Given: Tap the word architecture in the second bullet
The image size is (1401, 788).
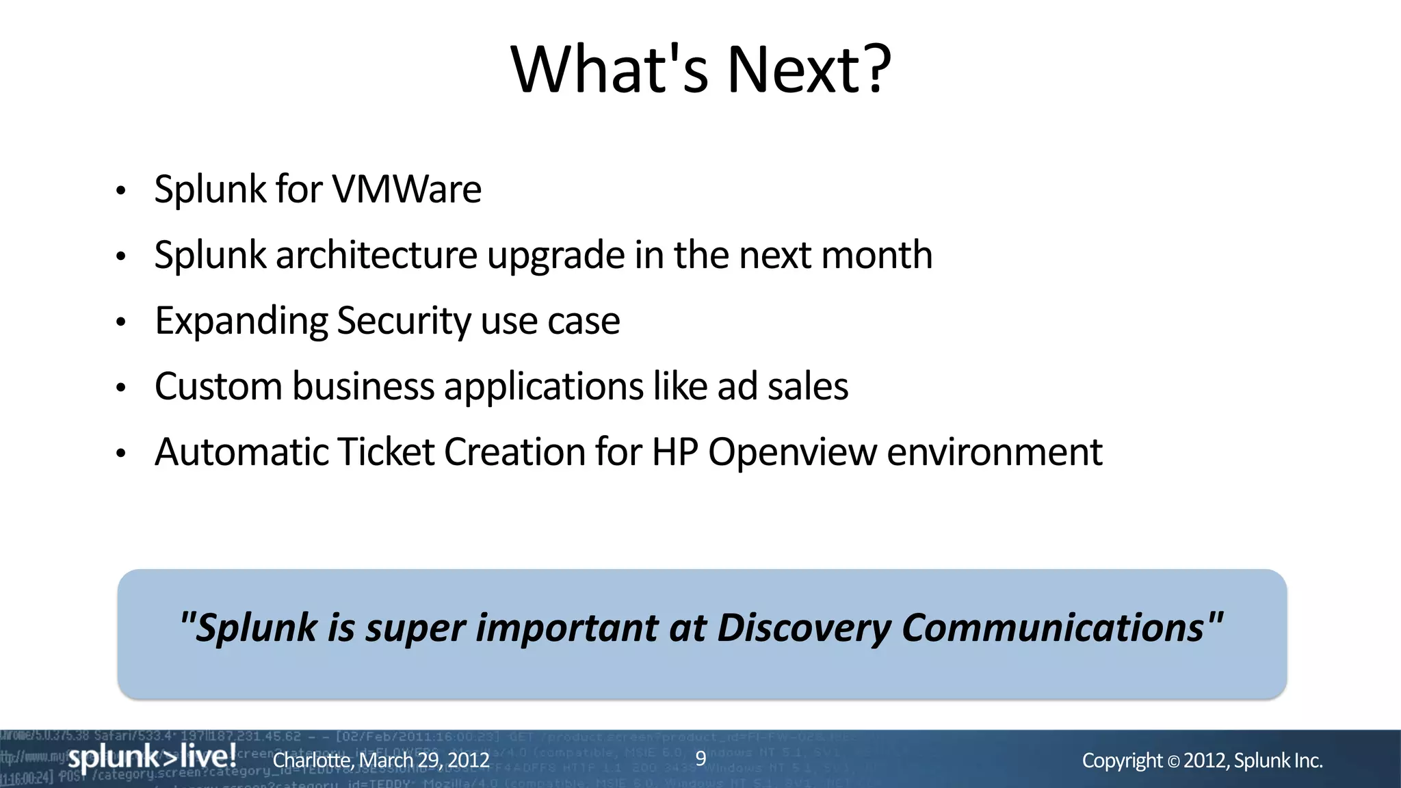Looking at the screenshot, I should click(376, 255).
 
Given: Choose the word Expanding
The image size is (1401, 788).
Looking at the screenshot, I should click(241, 321).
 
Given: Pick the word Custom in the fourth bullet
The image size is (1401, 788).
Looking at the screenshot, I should click(218, 386).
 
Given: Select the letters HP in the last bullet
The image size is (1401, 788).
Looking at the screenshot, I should click(675, 452).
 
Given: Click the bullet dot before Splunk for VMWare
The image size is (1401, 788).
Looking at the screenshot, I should click(121, 191).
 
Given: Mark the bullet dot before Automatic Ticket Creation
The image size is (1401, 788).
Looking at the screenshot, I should click(121, 454).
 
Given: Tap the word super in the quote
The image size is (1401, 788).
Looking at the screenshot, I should click(415, 628).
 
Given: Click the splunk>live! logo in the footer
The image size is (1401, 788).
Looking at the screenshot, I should click(152, 757).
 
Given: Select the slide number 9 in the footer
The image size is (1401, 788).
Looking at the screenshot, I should click(700, 758).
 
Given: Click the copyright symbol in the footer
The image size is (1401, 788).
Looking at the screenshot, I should click(1173, 761).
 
